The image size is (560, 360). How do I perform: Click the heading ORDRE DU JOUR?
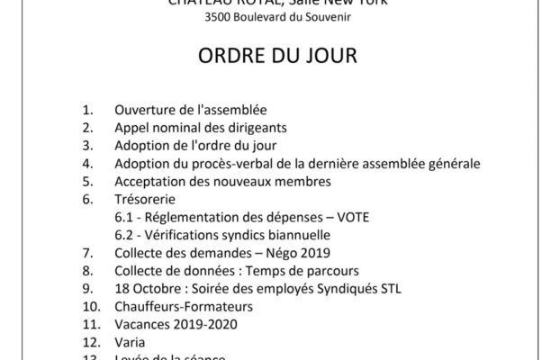279,57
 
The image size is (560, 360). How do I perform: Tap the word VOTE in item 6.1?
351,217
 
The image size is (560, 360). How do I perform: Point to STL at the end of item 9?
391,288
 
